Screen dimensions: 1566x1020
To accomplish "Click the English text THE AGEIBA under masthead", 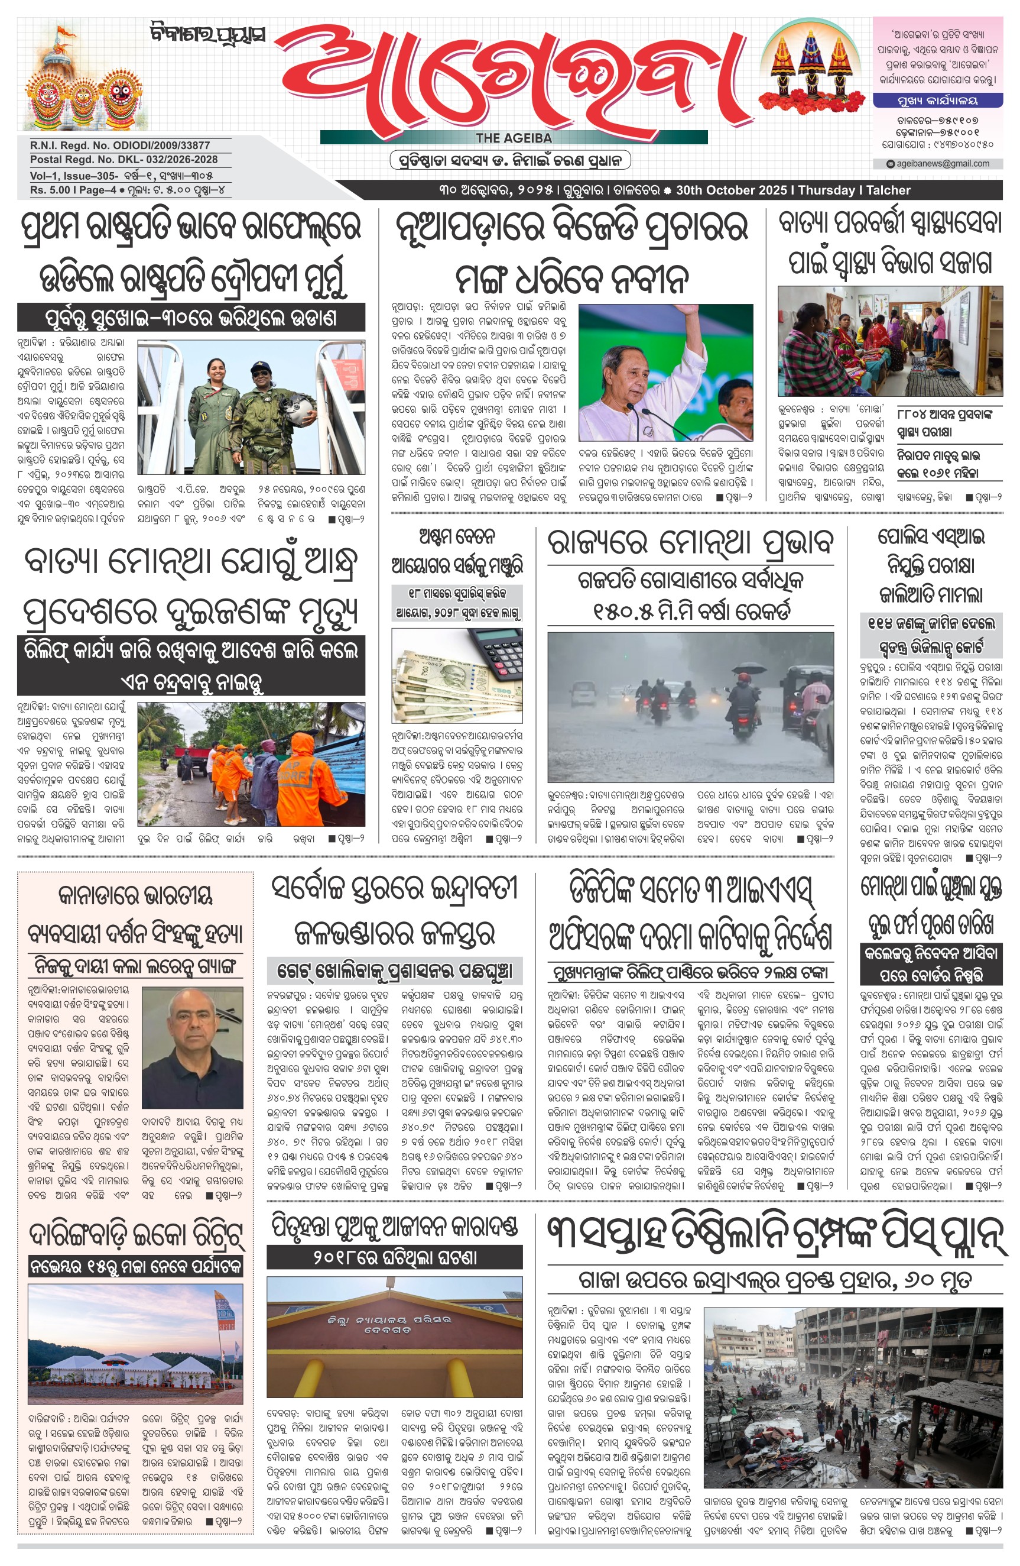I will click(x=514, y=138).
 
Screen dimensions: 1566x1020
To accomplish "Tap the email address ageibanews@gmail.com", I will click(x=943, y=164).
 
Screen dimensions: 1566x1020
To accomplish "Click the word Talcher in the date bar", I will click(x=888, y=190).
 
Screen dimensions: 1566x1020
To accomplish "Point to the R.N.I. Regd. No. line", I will click(x=120, y=145).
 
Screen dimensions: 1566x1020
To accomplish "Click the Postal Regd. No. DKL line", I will click(x=123, y=159).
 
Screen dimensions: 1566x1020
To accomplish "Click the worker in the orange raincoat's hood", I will click(x=302, y=744).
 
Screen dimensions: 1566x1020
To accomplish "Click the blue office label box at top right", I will click(x=937, y=101).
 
